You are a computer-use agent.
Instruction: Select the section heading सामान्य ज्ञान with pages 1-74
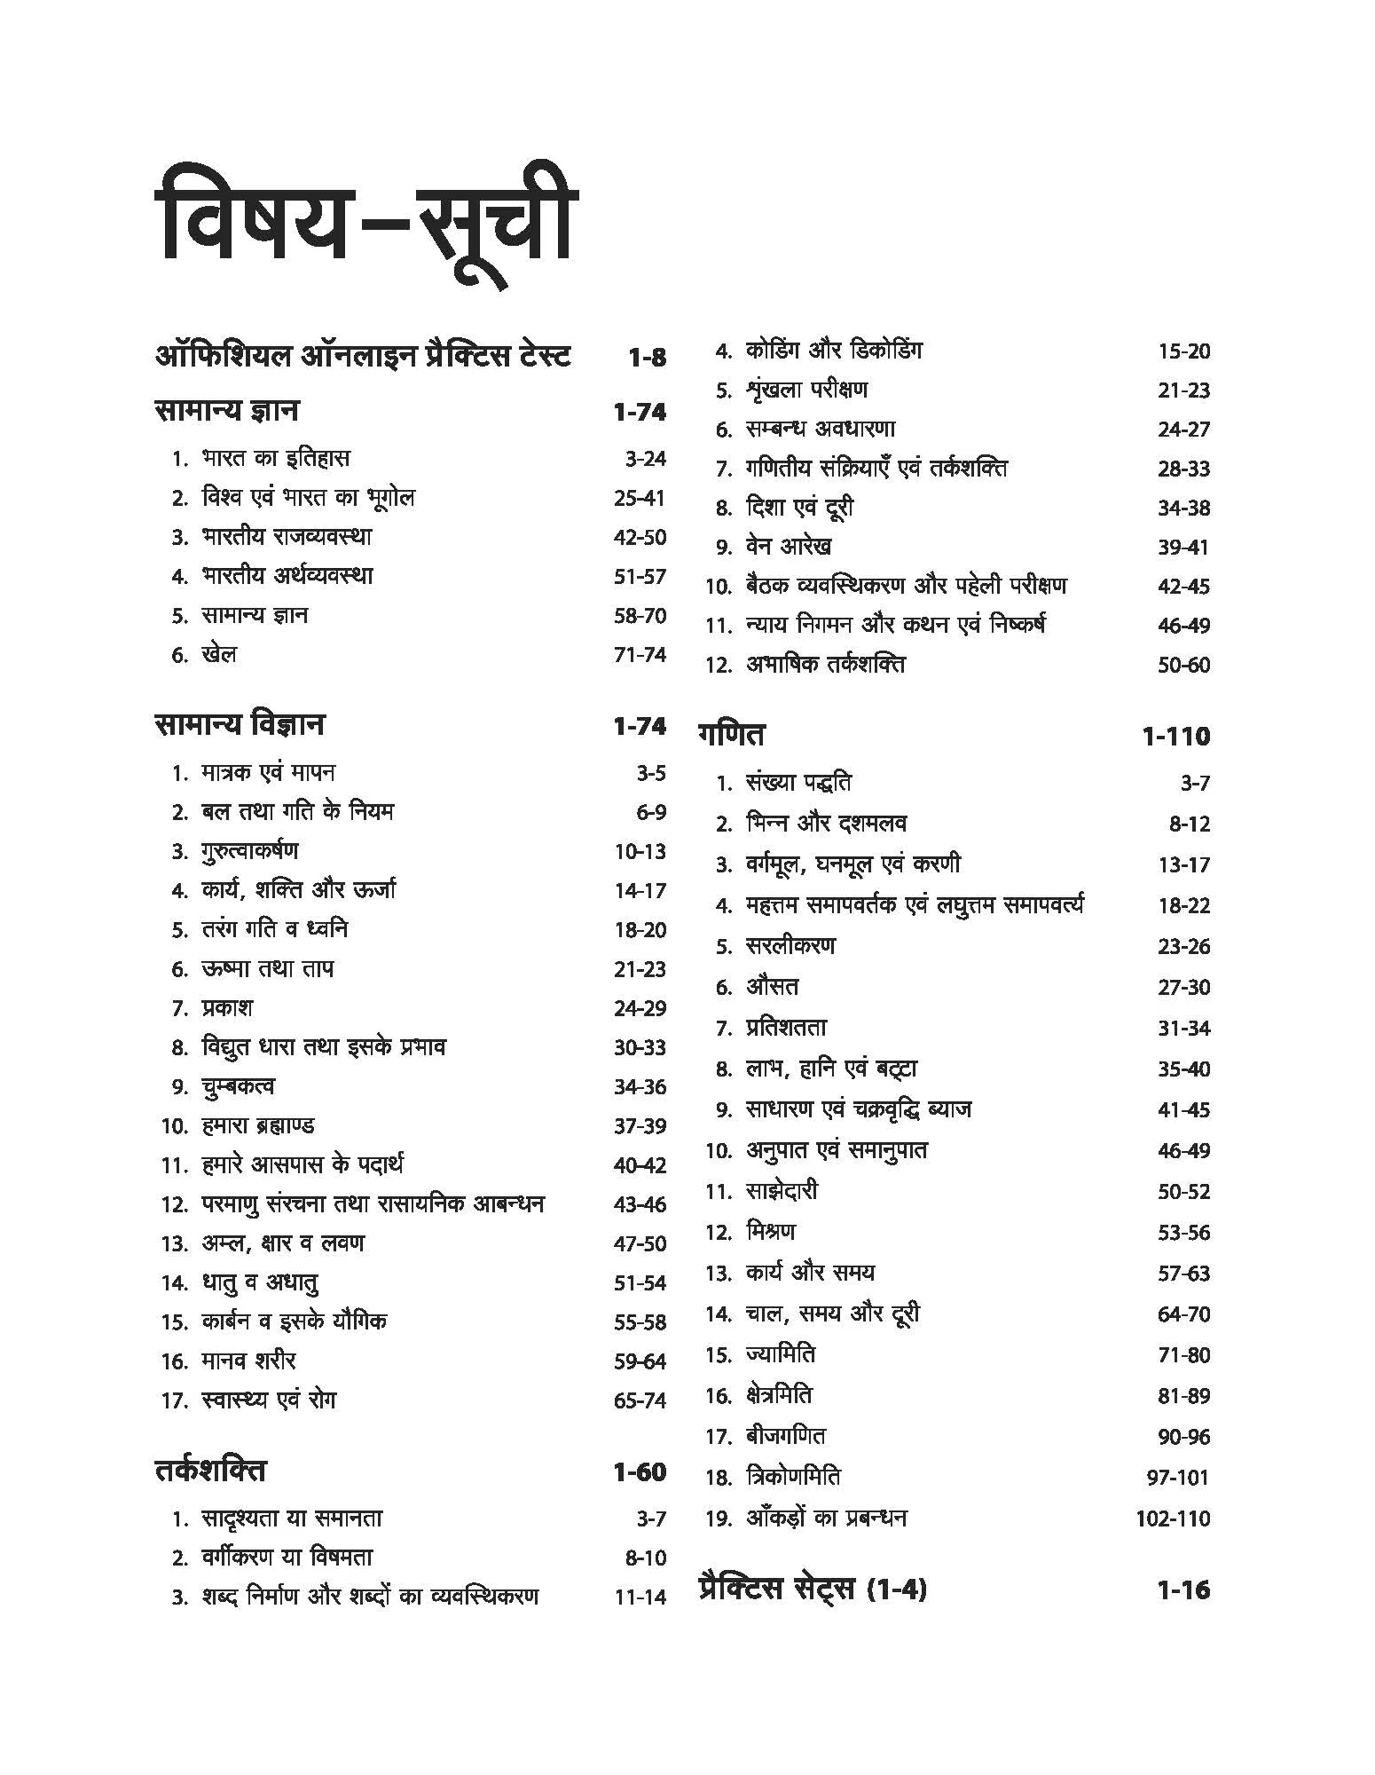(x=227, y=411)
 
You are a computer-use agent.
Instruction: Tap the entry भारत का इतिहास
(x=275, y=459)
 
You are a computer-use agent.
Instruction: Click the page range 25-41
(x=639, y=499)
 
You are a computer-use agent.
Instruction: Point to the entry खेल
(x=218, y=655)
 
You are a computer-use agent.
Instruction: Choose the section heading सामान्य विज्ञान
(x=240, y=725)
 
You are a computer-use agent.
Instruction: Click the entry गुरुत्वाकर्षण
(x=249, y=851)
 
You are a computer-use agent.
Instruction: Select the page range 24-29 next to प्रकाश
(x=639, y=1008)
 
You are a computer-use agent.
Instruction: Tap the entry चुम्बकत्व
(x=238, y=1086)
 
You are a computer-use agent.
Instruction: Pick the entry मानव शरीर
(x=248, y=1361)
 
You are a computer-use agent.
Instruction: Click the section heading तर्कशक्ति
(x=210, y=1471)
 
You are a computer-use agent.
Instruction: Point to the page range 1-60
(x=639, y=1472)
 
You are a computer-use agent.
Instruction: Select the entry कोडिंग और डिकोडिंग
(x=833, y=351)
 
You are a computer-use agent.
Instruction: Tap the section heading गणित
(x=731, y=736)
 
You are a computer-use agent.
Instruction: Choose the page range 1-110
(x=1175, y=737)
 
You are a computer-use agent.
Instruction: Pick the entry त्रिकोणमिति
(x=793, y=1477)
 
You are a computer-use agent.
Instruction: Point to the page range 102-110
(x=1172, y=1519)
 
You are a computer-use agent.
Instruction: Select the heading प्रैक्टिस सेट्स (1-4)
(x=813, y=1590)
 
